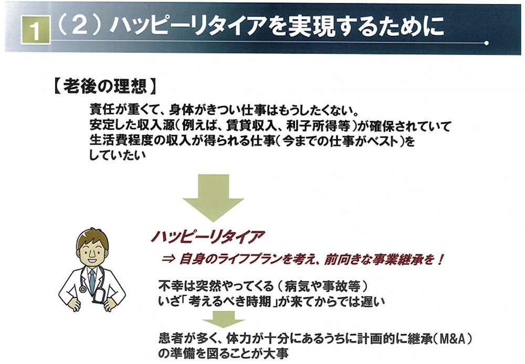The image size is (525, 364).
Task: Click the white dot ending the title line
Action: click(x=487, y=43)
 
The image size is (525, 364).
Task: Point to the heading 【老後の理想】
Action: click(x=105, y=87)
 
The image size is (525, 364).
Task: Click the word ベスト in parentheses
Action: click(x=382, y=141)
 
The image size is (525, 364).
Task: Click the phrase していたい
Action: click(x=118, y=155)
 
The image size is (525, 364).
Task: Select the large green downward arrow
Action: click(x=213, y=198)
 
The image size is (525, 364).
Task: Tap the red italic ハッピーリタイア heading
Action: click(x=208, y=237)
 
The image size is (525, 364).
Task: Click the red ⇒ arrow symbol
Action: click(x=169, y=259)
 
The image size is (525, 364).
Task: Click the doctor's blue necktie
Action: click(x=91, y=281)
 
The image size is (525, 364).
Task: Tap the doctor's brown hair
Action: click(x=92, y=237)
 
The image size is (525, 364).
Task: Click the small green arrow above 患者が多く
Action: click(x=223, y=319)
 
